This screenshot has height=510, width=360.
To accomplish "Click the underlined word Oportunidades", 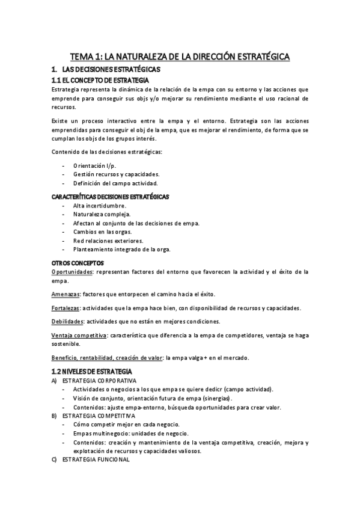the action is (x=72, y=272).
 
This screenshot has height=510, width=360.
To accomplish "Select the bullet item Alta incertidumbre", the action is (x=100, y=206).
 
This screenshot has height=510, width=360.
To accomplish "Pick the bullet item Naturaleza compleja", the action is (x=102, y=215).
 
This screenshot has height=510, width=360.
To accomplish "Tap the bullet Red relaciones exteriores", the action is (x=108, y=241).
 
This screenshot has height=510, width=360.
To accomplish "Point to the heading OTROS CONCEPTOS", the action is (x=78, y=263).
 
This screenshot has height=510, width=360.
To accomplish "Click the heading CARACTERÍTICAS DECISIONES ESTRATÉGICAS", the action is (x=110, y=197).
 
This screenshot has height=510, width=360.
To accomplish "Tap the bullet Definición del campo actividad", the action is (x=115, y=183).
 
